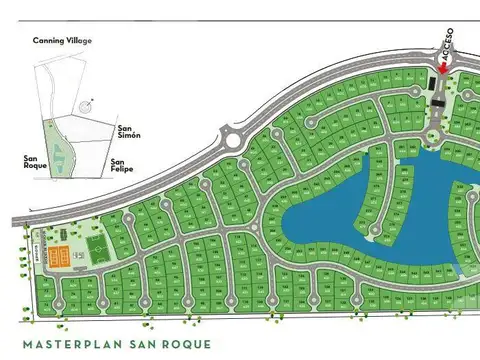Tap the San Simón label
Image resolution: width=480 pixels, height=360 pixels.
pos(128,133)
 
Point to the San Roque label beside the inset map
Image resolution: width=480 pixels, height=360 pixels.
pos(36,161)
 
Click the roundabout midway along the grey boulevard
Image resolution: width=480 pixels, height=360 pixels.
pos(235,139)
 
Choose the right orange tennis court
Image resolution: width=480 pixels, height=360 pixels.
pos(72,255)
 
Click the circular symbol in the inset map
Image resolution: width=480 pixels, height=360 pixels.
pos(89,101)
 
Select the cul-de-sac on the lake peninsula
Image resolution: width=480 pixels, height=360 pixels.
pos(376,232)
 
